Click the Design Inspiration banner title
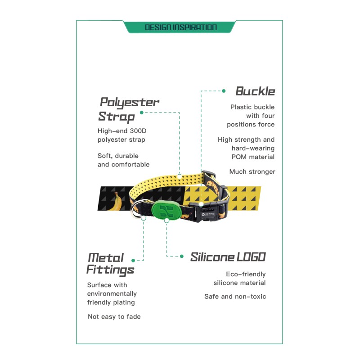click(181, 27)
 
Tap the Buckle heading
click(255, 91)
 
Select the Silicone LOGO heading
click(228, 257)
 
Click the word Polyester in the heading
click(129, 103)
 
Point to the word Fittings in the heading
click(110, 270)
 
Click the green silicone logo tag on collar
click(166, 211)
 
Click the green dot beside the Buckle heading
click(224, 91)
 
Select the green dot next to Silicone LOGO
click(182, 256)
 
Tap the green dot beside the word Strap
click(142, 112)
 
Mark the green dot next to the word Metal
click(133, 261)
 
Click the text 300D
click(138, 131)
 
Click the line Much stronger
click(252, 172)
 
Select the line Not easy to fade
click(114, 317)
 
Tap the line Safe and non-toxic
click(235, 297)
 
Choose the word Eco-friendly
click(246, 274)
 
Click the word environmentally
click(112, 294)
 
